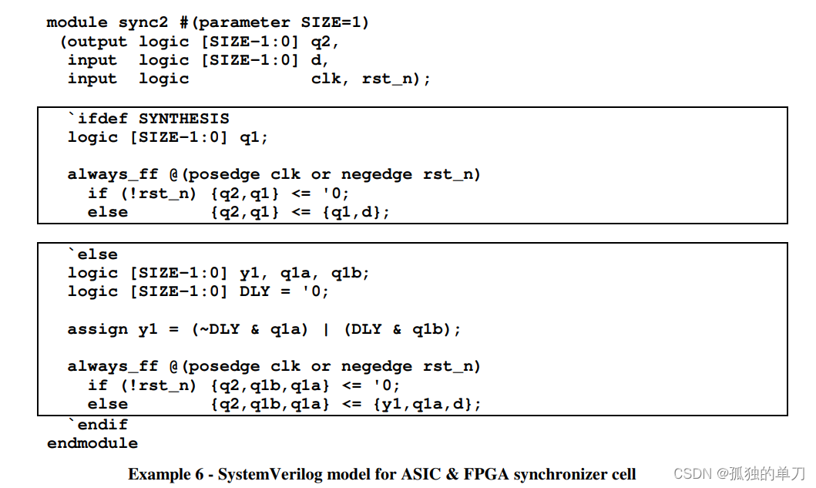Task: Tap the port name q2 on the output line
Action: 324,42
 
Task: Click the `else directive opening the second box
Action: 93,254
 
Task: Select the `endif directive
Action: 98,424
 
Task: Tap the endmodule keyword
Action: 92,443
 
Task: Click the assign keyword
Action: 98,329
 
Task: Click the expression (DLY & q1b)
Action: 402,329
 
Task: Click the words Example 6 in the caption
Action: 163,474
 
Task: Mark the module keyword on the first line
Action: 77,22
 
